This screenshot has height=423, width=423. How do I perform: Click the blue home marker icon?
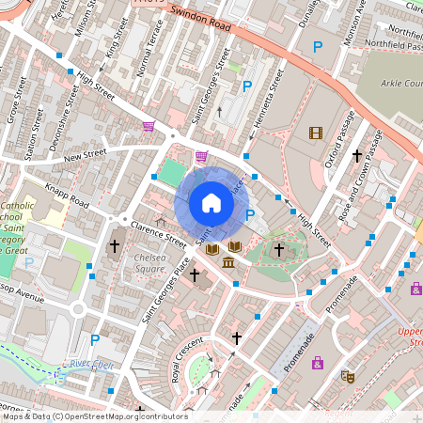[211, 203]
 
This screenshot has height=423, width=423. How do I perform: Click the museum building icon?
[228, 259]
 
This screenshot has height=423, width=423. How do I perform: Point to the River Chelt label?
[90, 365]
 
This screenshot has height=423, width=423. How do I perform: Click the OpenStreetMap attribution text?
[94, 416]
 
